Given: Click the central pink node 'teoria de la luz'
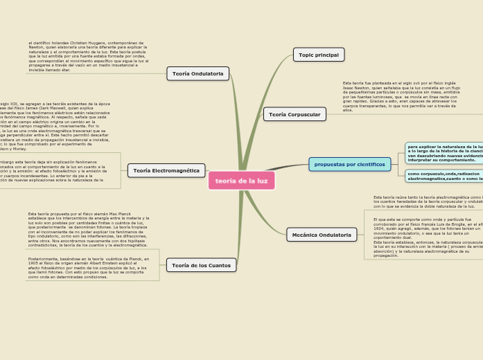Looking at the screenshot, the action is coord(241,181).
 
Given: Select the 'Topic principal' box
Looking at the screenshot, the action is coord(319,55).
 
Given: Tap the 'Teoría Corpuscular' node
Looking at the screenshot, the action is coord(295,114).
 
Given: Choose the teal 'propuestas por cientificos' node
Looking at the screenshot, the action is coord(349,164).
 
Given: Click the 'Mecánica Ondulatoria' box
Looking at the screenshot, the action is coord(322,235).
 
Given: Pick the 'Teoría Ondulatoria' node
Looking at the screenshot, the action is coord(197,73).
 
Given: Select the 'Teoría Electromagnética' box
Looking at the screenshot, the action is coord(166,170).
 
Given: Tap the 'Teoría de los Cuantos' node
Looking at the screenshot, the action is coord(201,265).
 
